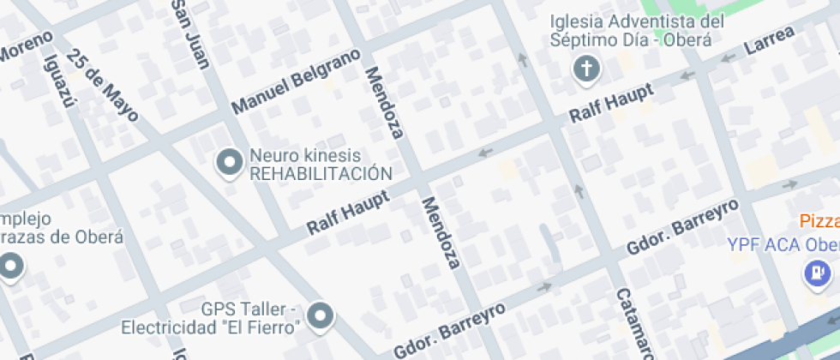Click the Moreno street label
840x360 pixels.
(26, 46)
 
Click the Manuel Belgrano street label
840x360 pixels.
(296, 83)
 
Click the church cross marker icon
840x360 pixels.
(587, 69)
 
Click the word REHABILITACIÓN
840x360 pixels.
(320, 174)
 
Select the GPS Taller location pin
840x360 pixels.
(321, 315)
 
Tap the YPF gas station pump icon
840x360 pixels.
(816, 272)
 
